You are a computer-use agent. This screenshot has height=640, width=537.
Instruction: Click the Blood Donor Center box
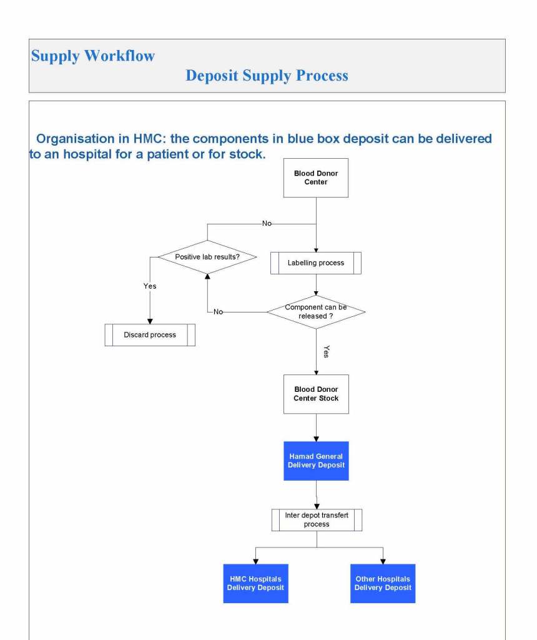coord(315,178)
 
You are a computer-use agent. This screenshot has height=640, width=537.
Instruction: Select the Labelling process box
coord(315,263)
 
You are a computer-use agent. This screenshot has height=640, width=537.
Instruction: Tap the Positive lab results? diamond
coord(207,257)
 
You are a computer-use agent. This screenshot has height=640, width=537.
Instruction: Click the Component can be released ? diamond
coord(316,312)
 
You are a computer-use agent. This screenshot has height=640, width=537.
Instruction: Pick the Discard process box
coord(150,335)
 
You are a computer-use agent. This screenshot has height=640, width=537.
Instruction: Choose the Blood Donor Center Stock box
coord(316,394)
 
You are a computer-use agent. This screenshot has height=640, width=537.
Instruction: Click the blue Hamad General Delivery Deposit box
coord(316,461)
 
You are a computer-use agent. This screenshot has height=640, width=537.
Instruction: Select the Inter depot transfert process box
coord(317,520)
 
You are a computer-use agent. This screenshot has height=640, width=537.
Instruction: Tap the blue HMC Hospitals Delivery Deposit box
coord(255,583)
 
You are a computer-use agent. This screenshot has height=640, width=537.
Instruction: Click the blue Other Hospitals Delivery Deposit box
coord(383,583)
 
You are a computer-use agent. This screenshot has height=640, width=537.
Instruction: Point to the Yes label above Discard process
coord(150,286)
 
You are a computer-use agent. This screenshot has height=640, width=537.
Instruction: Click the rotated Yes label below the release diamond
coord(326,351)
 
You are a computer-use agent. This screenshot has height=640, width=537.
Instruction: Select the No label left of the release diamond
coord(218,312)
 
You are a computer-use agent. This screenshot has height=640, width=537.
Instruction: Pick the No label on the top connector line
coord(267,223)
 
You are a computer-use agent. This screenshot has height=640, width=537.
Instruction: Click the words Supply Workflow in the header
coord(93,56)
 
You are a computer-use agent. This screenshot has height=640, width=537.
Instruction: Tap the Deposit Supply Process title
coord(267,76)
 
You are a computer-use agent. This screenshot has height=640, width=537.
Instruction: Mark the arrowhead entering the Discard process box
coord(150,321)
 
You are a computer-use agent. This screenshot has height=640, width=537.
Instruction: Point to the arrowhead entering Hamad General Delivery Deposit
coord(316,439)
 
